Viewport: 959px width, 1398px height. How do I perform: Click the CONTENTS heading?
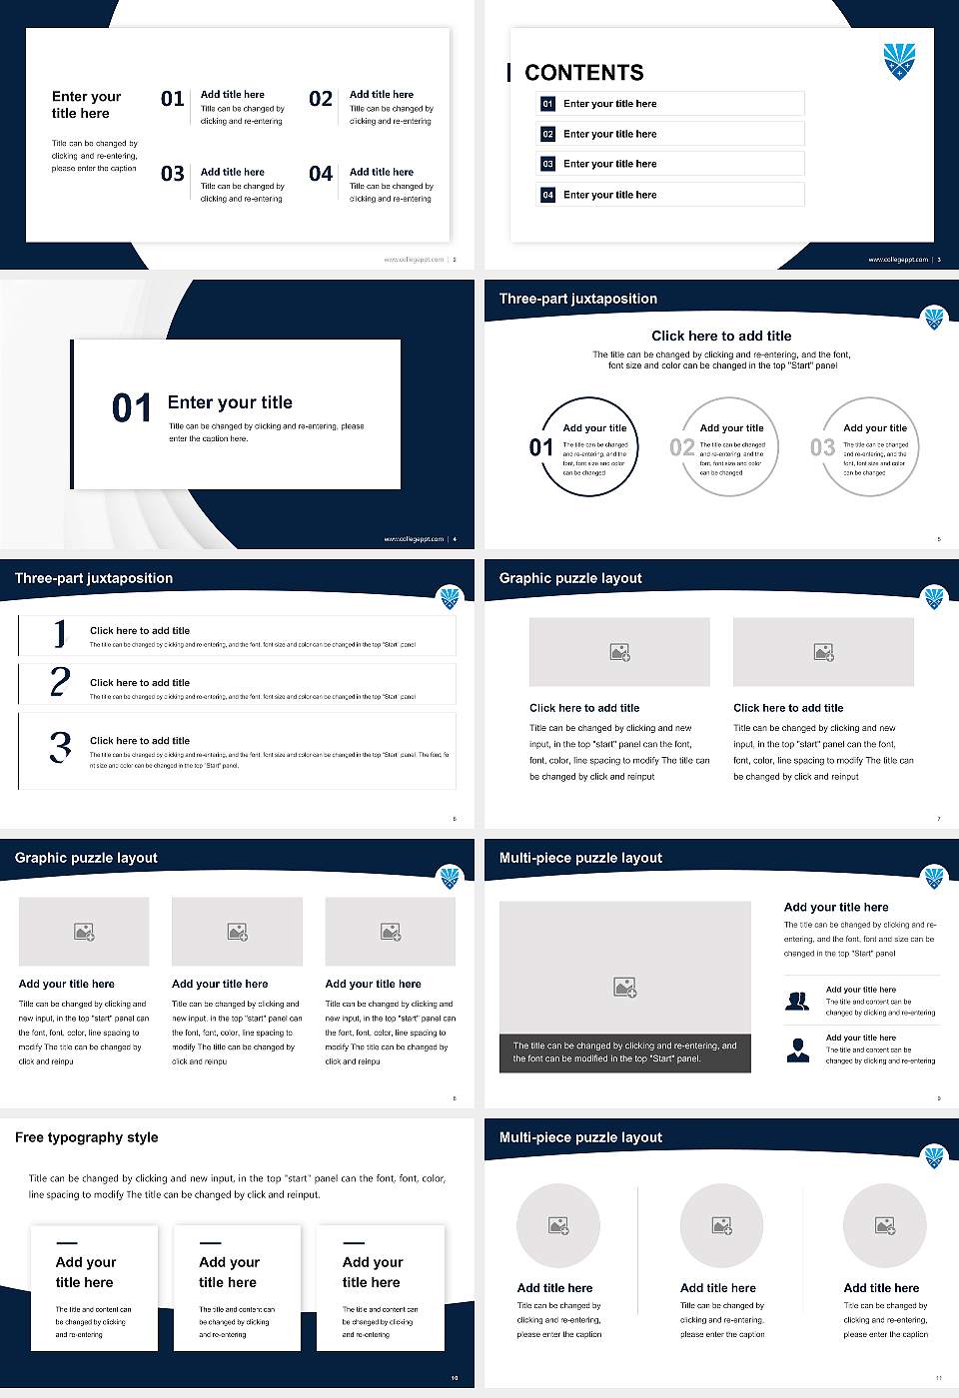pyautogui.click(x=584, y=73)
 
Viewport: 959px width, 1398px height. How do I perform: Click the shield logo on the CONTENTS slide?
pyautogui.click(x=900, y=61)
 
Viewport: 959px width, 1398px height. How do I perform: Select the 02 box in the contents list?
pyautogui.click(x=547, y=134)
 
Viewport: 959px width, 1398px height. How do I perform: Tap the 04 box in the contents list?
pyautogui.click(x=547, y=195)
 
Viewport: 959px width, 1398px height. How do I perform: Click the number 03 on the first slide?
pyautogui.click(x=173, y=174)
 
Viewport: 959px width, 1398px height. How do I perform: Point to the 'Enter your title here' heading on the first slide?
pyautogui.click(x=86, y=105)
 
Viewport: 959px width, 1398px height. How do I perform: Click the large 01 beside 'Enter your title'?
pyautogui.click(x=132, y=408)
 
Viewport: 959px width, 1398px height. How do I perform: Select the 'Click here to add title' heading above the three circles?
pyautogui.click(x=721, y=337)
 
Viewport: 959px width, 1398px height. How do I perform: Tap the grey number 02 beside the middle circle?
pyautogui.click(x=682, y=447)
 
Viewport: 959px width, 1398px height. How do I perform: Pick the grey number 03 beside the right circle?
pyautogui.click(x=822, y=447)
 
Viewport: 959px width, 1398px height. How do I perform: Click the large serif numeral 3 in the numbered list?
pyautogui.click(x=60, y=747)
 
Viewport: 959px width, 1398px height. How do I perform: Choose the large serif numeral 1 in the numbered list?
pyautogui.click(x=60, y=634)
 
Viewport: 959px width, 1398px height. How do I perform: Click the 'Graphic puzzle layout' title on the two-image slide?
pyautogui.click(x=570, y=578)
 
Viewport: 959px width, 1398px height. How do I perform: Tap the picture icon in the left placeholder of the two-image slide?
pyautogui.click(x=619, y=652)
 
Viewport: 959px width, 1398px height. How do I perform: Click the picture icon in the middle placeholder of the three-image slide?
pyautogui.click(x=238, y=932)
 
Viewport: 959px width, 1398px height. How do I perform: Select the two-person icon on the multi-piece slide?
pyautogui.click(x=797, y=1001)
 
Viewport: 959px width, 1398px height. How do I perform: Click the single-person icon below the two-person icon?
pyautogui.click(x=797, y=1049)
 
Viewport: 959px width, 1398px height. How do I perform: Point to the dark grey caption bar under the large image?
pyautogui.click(x=624, y=1052)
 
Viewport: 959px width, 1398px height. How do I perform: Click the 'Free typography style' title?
pyautogui.click(x=87, y=1137)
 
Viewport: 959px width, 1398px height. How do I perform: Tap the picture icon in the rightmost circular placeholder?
pyautogui.click(x=884, y=1225)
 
